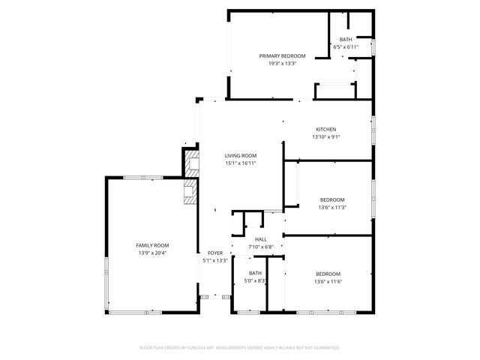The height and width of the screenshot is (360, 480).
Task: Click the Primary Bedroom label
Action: tap(283, 56)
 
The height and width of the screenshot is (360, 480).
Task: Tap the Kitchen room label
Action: tap(325, 129)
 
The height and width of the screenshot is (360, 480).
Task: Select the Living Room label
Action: tap(241, 155)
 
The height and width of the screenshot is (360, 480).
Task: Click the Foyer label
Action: tap(215, 253)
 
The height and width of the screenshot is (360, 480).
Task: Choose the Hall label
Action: tap(261, 239)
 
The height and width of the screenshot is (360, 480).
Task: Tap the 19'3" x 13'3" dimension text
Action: tap(283, 64)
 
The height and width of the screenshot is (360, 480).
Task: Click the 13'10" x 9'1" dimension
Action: tap(325, 136)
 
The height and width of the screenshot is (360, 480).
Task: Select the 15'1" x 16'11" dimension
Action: tap(241, 163)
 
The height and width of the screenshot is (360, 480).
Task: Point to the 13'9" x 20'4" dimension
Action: tap(152, 253)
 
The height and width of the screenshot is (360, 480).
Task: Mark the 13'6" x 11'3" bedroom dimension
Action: tap(332, 208)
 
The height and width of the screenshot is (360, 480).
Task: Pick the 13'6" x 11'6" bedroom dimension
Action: tap(328, 281)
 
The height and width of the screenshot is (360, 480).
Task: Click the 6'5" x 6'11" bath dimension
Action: tap(346, 46)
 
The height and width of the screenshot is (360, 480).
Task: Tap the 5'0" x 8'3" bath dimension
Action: tap(256, 281)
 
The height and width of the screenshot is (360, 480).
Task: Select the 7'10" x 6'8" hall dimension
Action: tap(261, 247)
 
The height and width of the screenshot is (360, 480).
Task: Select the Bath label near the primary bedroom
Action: tap(346, 39)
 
